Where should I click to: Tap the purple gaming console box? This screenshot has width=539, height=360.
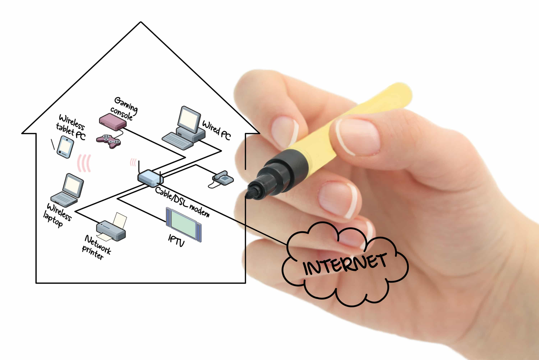click(x=113, y=122)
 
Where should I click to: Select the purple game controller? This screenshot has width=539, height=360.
click(x=108, y=141)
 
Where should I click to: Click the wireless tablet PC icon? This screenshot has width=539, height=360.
click(x=65, y=147)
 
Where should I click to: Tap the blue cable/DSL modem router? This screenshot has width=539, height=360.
click(x=150, y=178)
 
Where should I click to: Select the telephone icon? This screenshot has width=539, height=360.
click(x=223, y=178)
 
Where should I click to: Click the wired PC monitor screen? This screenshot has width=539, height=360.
click(x=189, y=119)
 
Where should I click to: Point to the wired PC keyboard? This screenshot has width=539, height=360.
click(x=177, y=140)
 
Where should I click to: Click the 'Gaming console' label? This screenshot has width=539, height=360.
click(x=124, y=109)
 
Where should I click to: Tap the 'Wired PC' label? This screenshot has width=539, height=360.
click(x=216, y=130)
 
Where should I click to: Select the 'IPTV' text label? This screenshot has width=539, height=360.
click(x=176, y=240)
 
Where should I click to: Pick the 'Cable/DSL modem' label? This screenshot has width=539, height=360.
click(x=182, y=202)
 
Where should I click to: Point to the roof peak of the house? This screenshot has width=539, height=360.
click(x=141, y=22)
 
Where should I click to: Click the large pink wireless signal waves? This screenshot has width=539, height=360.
click(x=84, y=163)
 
